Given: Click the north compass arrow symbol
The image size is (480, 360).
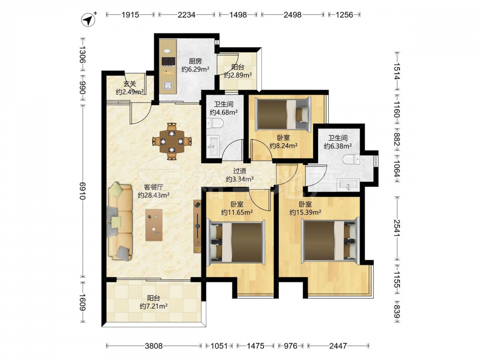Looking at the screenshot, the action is pos(89,20).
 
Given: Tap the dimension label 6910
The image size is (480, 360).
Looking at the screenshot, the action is pos(83,191).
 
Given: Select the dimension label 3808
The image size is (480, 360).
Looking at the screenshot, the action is pos(154,346).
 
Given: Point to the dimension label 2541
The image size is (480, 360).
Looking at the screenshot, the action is pos(397,228).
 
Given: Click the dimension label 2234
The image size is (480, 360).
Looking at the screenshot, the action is pos(186,15).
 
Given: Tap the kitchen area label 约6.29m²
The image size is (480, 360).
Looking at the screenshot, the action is pos(195,69).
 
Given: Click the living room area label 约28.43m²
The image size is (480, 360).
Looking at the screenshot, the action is pos(154,195).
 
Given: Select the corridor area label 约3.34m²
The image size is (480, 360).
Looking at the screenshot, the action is pos(240,179).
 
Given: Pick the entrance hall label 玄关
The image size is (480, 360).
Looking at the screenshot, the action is pos(130,84).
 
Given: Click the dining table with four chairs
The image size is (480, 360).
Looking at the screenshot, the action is pos(172,141).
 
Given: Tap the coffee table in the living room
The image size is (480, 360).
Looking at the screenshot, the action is pos(154,225).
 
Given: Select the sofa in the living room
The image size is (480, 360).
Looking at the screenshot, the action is pos(120,221).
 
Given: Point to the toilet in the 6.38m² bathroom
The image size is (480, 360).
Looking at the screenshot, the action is pos(351,159).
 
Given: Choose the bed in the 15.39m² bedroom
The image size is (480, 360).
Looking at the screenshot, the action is pos(330,240).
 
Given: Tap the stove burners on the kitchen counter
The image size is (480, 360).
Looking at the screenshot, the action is pos(168,61).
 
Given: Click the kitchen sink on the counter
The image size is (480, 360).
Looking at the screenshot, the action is pos(168,85).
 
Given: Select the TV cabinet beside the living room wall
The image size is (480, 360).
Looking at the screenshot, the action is pos(197,226).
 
